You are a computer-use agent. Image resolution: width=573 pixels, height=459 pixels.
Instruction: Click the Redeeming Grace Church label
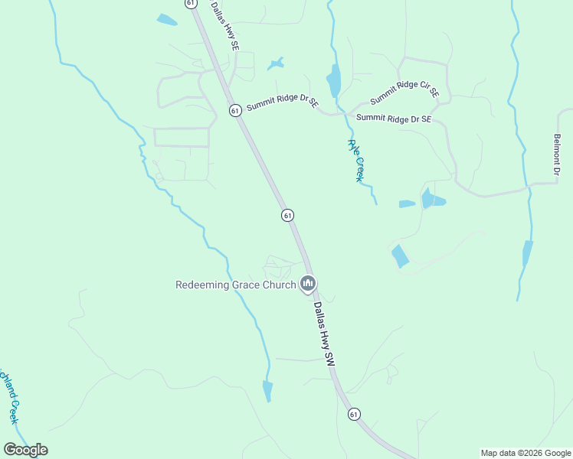click(236, 285)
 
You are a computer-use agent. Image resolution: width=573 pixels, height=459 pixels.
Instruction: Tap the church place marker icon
click(308, 285)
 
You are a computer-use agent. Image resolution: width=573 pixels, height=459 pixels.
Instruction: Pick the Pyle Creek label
click(355, 161)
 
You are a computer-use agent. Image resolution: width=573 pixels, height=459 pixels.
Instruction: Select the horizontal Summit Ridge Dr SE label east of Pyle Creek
click(394, 119)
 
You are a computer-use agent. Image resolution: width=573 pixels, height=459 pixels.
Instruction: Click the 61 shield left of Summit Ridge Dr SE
click(235, 111)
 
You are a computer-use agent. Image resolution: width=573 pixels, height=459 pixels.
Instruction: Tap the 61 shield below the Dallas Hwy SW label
click(353, 414)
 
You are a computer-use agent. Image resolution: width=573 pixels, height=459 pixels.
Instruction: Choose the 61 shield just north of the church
click(287, 216)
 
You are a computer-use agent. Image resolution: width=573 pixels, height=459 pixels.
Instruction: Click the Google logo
click(25, 450)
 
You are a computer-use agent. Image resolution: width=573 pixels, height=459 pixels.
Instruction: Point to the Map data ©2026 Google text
click(525, 453)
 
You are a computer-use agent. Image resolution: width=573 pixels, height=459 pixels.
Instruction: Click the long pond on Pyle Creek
click(334, 80)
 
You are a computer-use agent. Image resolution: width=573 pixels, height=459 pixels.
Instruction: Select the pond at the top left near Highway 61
click(166, 20)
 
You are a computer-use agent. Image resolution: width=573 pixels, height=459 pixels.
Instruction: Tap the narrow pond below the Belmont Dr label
click(528, 253)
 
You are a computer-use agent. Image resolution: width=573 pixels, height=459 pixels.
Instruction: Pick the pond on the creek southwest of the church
click(267, 391)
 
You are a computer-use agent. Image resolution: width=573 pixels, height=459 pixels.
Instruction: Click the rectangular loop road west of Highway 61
click(182, 137)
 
